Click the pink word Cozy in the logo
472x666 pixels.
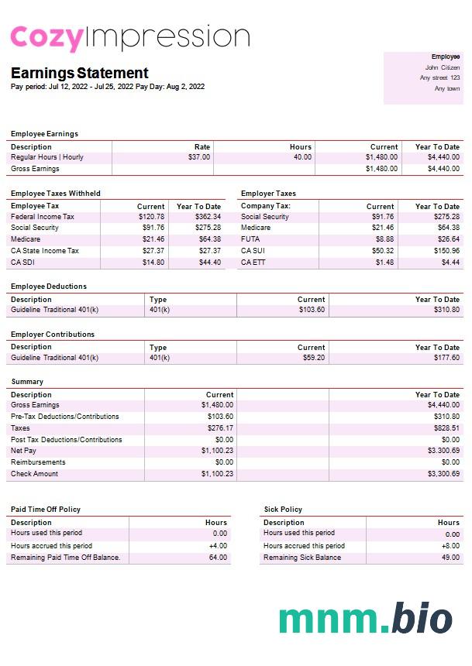pos(46,38)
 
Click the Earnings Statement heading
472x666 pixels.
pos(79,74)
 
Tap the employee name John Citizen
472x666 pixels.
pos(443,67)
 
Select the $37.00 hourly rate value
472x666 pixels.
pos(199,157)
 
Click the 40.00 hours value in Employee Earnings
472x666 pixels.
pos(302,157)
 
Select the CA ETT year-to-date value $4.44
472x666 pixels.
pos(450,263)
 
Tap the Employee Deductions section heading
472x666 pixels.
pos(49,287)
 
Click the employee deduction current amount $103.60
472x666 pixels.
pos(312,310)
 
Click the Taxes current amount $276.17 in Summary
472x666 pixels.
pos(220,427)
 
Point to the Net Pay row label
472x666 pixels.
pos(23,451)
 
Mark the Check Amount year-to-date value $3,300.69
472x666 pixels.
pos(443,474)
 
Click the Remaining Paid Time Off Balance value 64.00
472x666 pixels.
pos(218,558)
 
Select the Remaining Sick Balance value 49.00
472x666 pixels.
pos(450,558)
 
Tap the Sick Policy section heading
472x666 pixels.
pos(283,510)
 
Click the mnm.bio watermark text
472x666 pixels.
pos(365,619)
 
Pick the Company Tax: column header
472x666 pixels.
pos(266,206)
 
